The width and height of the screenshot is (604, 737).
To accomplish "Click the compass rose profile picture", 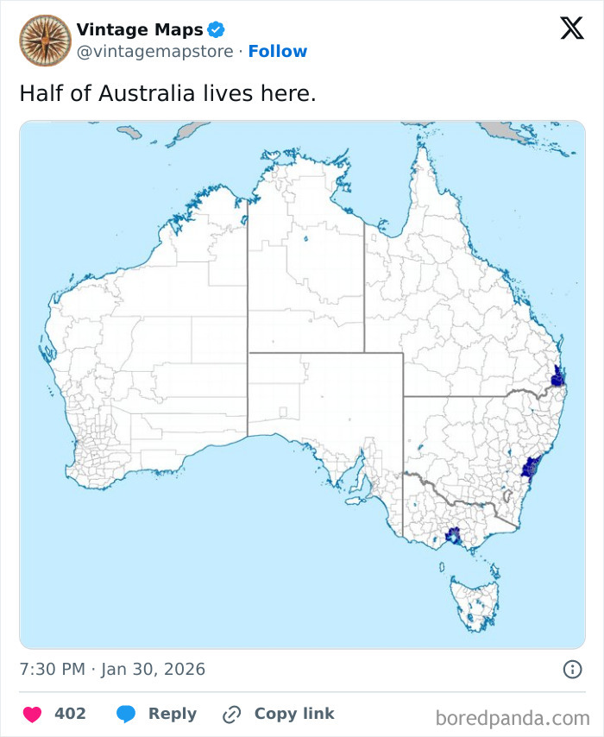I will (45, 40).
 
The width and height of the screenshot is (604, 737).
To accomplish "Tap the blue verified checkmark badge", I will (216, 30).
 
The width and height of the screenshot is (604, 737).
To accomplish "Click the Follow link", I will (277, 52).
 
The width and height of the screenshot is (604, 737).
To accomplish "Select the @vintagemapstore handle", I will (154, 52).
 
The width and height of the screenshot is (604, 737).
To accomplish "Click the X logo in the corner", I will (571, 29).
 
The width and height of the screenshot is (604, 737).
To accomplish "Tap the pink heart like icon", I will (32, 714).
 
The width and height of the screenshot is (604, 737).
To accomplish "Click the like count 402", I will (70, 714).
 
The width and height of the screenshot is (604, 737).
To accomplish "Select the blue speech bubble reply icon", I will (126, 714).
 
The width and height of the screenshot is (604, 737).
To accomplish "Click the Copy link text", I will (293, 714).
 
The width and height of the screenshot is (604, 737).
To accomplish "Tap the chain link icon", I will (231, 714).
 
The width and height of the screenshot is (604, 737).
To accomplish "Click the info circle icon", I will (571, 669).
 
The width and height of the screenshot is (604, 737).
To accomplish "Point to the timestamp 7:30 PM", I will (52, 669).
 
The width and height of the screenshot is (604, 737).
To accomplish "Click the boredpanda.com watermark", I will (513, 717).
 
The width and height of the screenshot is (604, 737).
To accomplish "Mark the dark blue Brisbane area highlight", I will (557, 377).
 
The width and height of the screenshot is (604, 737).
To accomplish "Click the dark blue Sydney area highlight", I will (530, 467).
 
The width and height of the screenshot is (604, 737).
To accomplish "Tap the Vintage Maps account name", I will (140, 30).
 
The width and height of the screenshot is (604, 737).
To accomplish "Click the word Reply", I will (172, 714).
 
